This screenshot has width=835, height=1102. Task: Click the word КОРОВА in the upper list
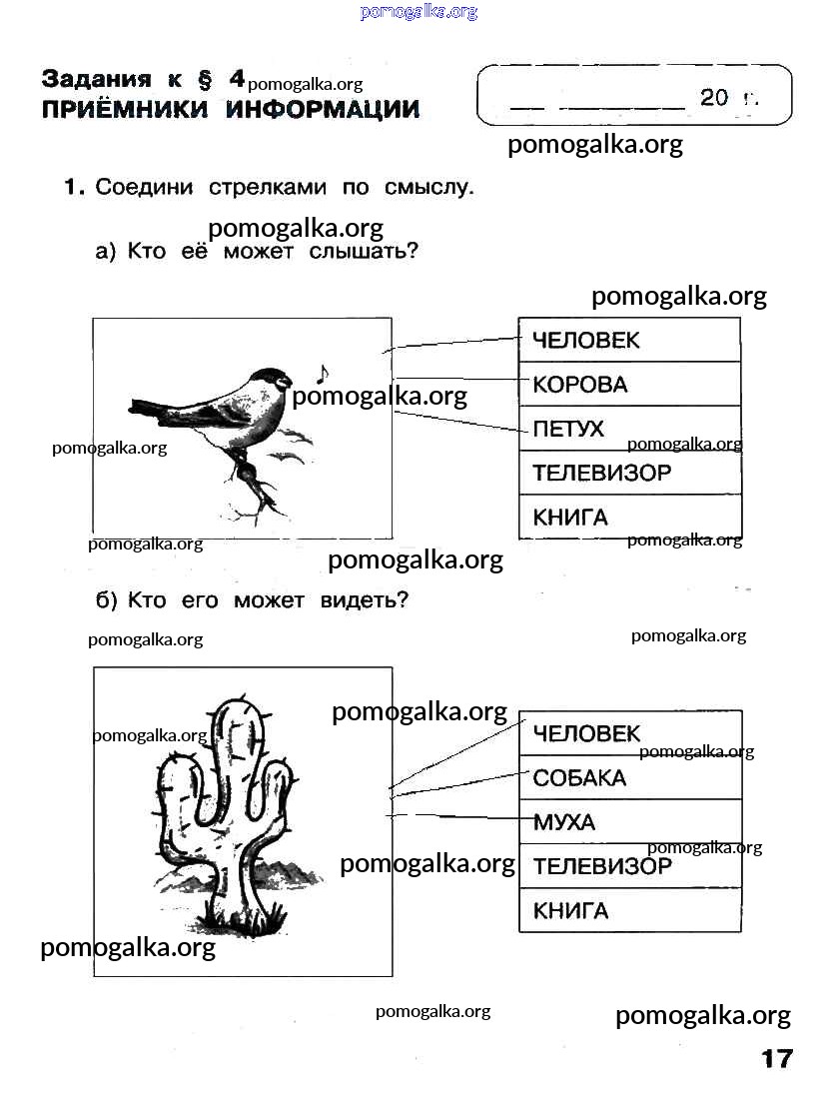point(580,385)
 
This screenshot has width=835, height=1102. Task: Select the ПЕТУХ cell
point(630,428)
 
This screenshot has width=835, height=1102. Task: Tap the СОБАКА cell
point(630,777)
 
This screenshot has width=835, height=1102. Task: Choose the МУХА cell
point(630,821)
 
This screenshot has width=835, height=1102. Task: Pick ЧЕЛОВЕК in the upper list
point(586,340)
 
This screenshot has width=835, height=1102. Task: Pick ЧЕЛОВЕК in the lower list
point(587,733)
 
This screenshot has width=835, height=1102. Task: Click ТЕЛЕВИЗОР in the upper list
point(601,473)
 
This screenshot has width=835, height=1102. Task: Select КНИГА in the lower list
point(570,911)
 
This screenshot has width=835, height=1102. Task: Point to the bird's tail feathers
point(158,410)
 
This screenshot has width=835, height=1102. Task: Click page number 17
point(777,1058)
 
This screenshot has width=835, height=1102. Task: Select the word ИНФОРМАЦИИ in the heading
point(323,109)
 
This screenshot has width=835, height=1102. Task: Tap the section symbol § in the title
point(205,80)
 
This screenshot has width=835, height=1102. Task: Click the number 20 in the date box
point(713,97)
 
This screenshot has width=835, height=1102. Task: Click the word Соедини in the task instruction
point(144,187)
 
